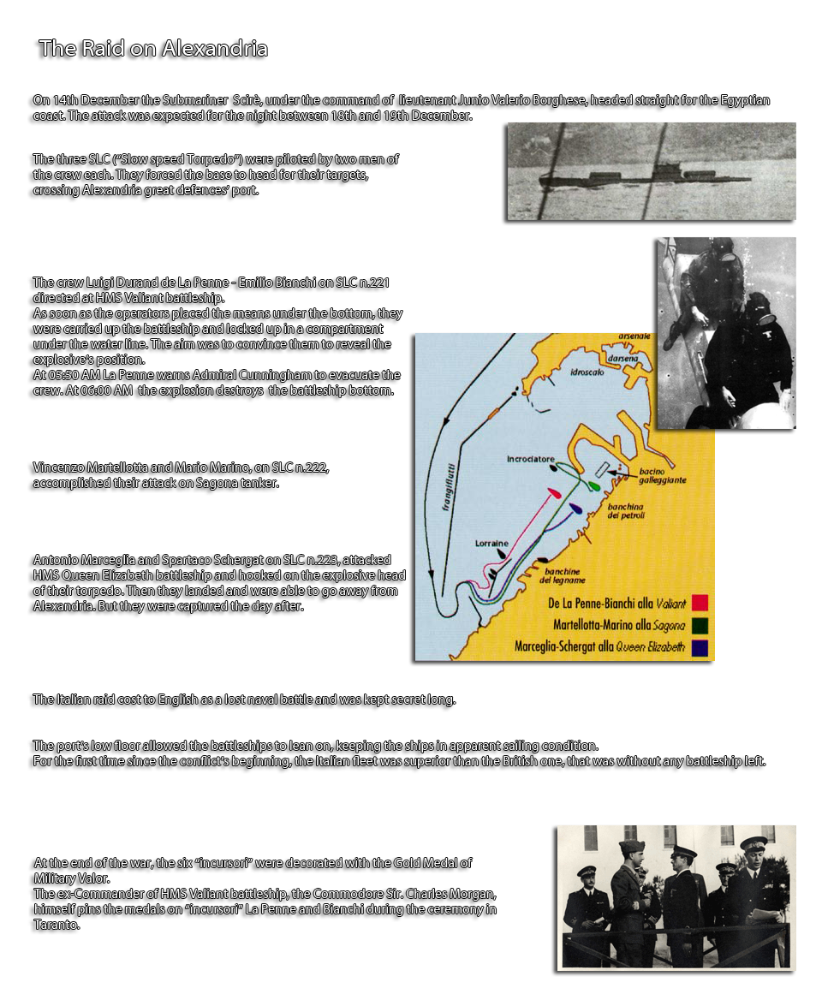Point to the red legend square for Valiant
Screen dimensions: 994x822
pyautogui.click(x=700, y=603)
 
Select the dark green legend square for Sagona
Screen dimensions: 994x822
pyautogui.click(x=700, y=625)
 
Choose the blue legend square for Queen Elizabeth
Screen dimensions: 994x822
pyautogui.click(x=700, y=647)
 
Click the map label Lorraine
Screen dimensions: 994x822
pyautogui.click(x=491, y=544)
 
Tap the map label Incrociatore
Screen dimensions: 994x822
pyautogui.click(x=531, y=458)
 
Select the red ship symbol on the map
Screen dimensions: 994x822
pyautogui.click(x=554, y=494)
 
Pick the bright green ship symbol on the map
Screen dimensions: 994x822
pyautogui.click(x=593, y=486)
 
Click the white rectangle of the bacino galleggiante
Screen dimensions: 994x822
pyautogui.click(x=602, y=469)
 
